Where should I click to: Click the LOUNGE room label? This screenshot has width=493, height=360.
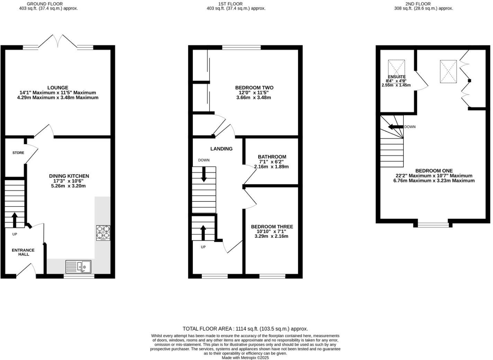[x=57, y=88]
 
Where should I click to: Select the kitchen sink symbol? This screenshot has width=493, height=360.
[x=78, y=267]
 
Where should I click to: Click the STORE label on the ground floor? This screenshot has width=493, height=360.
[x=18, y=153]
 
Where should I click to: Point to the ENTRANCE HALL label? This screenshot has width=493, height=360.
[x=23, y=252]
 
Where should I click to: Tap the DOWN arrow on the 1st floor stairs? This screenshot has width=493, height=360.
[x=204, y=174]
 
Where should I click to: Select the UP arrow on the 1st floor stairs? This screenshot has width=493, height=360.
[x=203, y=233]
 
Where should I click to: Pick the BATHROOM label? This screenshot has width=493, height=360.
[x=272, y=157]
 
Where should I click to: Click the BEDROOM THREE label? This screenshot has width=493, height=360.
[x=272, y=227]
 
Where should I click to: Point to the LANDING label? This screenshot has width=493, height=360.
[x=221, y=149]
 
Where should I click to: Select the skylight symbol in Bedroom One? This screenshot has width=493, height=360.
[x=448, y=72]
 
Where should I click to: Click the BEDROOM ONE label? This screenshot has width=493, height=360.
[x=434, y=171]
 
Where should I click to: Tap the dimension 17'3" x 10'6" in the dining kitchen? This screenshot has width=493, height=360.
[x=69, y=181]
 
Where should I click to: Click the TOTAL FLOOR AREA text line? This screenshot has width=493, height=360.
[x=245, y=329]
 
